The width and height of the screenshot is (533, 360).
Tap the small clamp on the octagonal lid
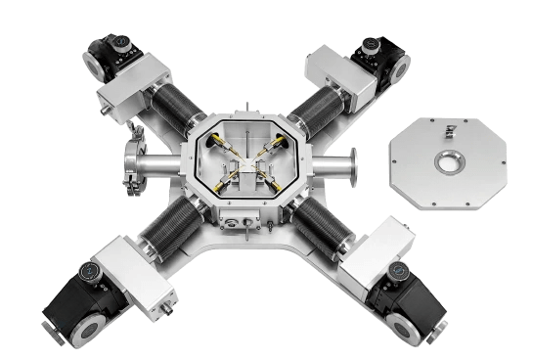point(450,129)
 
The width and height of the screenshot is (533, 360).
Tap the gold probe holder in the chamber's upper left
point(219,148)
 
